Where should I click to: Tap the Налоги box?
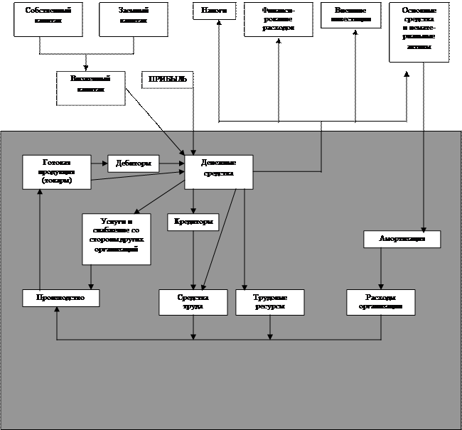[214, 12]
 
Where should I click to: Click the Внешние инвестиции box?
[351, 16]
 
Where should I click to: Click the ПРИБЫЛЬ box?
[168, 79]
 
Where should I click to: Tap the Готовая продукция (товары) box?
[57, 173]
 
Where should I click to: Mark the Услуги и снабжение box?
[116, 239]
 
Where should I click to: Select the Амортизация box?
[402, 240]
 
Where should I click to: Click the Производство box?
[60, 298]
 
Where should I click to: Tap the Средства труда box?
[193, 302]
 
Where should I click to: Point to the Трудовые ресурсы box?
[270, 302]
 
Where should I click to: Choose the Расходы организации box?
[381, 302]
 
